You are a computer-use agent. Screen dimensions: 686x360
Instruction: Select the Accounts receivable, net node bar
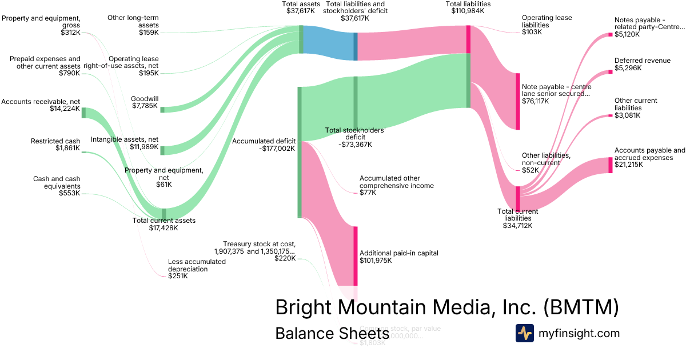pos(83,112)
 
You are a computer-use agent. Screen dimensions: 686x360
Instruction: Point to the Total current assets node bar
pos(164,213)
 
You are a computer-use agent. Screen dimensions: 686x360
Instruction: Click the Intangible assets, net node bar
pos(162,150)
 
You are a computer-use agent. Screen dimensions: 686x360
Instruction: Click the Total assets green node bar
pos(301,39)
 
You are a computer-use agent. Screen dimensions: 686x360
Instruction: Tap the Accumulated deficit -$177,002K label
pos(264,145)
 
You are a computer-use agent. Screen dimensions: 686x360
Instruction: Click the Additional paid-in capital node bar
pos(355,255)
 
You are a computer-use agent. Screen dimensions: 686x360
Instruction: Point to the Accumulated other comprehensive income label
pos(396,185)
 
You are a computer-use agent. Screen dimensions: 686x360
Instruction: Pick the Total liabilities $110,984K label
pos(468,7)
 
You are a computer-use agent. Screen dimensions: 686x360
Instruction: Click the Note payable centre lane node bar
pos(517,101)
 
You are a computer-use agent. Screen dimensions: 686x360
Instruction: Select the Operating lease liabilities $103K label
pos(547,25)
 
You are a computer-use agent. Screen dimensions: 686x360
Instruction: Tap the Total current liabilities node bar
pos(517,198)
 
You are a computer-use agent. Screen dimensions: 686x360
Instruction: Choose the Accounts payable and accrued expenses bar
pos(610,165)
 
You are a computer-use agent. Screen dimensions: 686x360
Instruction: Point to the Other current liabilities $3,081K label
pos(636,108)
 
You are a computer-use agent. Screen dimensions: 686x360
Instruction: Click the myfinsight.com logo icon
pos(524,333)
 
